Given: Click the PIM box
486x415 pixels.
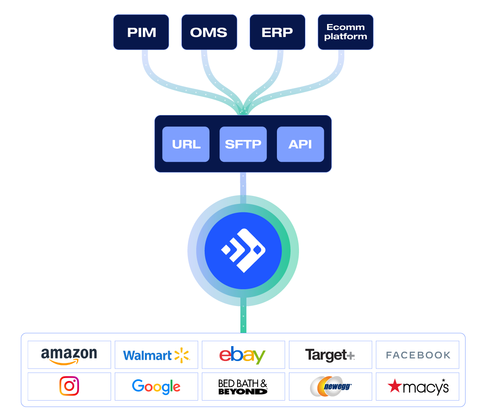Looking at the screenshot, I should [141, 32].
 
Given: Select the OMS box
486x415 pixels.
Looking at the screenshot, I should [209, 32].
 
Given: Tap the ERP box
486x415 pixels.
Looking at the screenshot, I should [277, 32].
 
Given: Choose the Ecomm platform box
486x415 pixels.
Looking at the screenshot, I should [346, 32].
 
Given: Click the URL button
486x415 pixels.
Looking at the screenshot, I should [186, 144].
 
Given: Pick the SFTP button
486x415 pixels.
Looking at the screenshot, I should [243, 144].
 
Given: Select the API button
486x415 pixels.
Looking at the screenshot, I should [300, 144].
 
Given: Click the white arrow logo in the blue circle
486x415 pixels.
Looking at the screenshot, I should [243, 251].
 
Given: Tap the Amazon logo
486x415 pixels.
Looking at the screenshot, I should [69, 355].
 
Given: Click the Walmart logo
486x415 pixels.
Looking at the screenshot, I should [156, 355].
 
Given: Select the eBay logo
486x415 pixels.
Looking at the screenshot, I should [242, 355].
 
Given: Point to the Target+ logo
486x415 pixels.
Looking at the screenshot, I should [330, 355].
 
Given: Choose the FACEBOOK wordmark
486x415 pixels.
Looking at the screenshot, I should [418, 355].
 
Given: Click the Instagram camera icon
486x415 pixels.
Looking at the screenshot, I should [69, 387].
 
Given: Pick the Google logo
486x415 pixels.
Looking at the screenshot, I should [156, 387].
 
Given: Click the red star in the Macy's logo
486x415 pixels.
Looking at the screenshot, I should [395, 386].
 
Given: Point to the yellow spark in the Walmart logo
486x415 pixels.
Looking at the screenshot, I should [182, 355].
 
